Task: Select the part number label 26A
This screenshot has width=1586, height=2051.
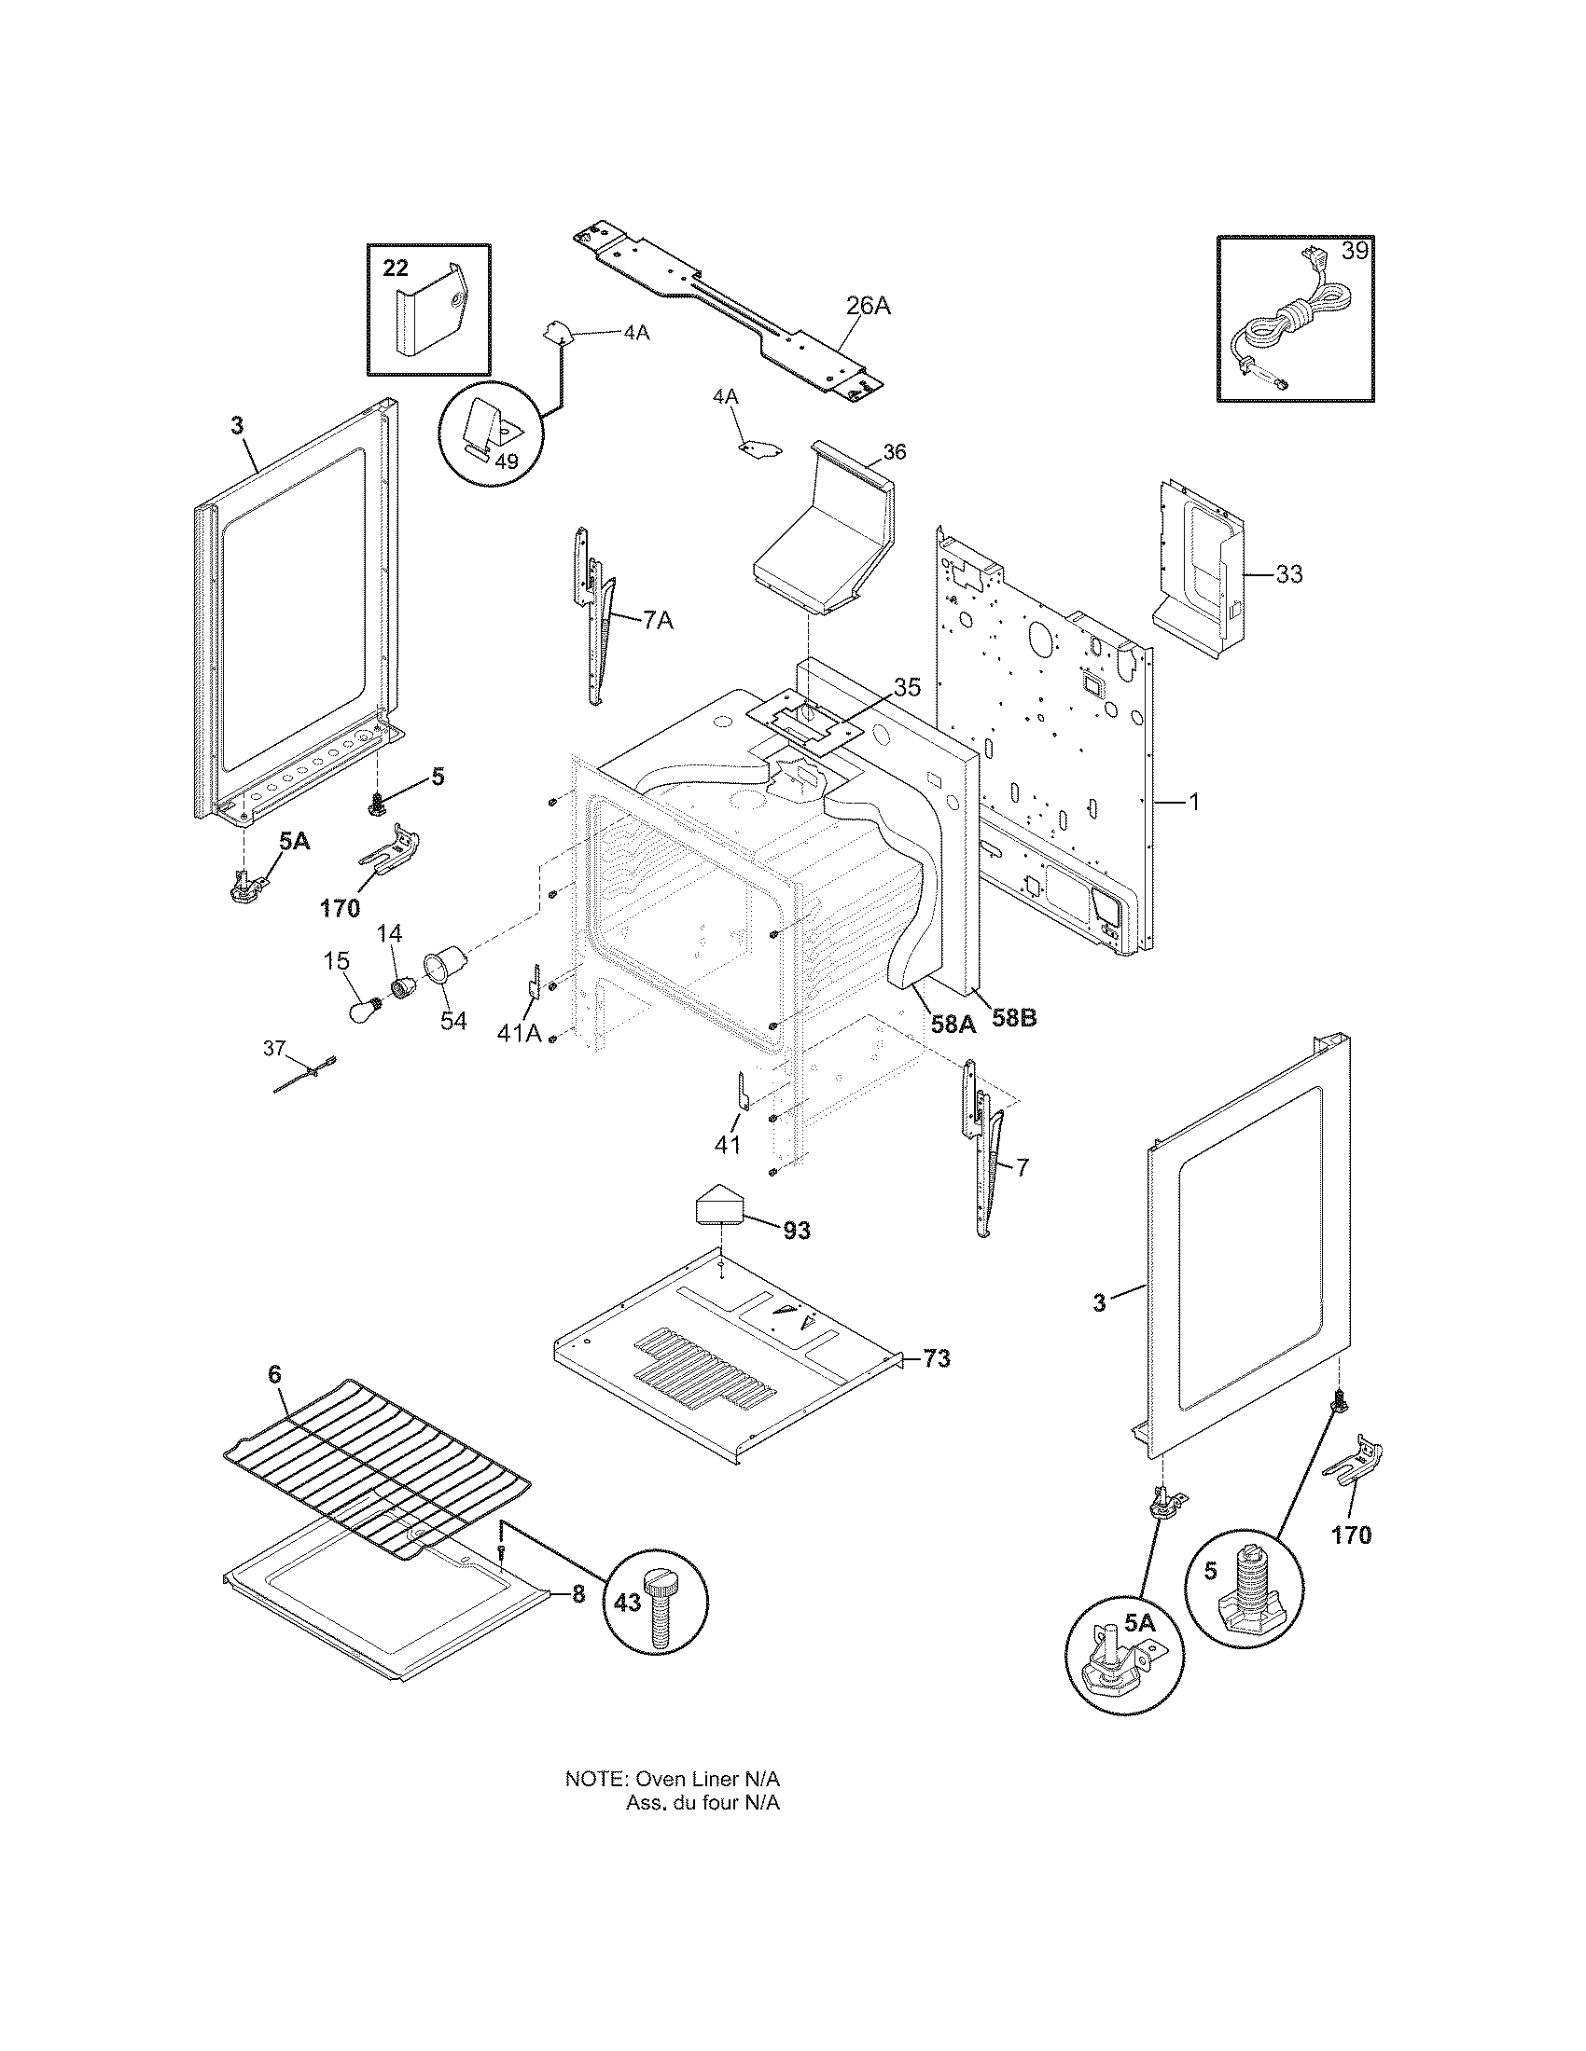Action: pos(868,305)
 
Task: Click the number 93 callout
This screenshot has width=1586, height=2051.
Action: pos(797,1231)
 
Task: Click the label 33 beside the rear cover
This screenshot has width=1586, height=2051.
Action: pos(1288,572)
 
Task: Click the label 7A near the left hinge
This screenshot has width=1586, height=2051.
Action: pos(658,621)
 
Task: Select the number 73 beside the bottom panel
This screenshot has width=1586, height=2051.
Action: pos(936,1358)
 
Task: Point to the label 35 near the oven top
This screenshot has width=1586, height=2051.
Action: pos(907,686)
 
